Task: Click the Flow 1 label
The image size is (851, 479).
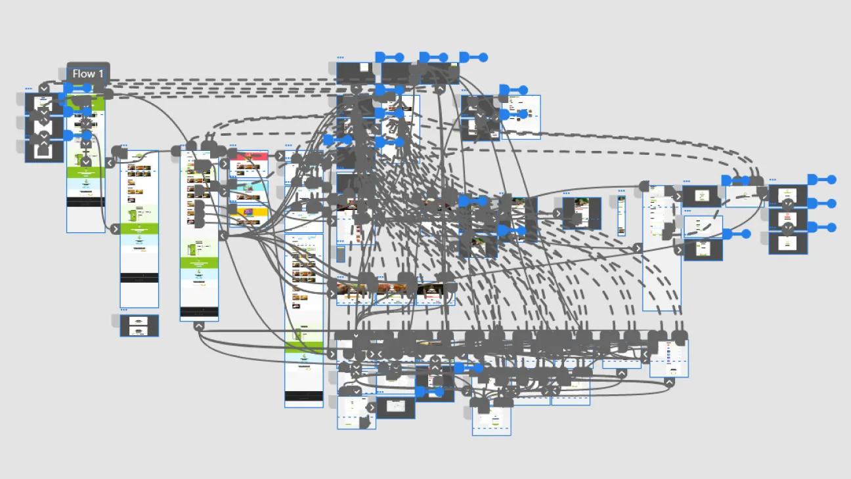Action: (88, 73)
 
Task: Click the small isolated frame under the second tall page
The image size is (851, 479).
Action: (139, 326)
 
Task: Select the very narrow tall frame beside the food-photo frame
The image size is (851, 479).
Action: (621, 216)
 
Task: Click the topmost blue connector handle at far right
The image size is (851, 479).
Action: (831, 180)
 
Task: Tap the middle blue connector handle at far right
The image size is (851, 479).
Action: (831, 203)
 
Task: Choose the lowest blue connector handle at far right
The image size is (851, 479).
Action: (831, 227)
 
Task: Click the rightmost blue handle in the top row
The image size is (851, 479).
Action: (483, 57)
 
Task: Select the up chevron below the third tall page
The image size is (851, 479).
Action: (199, 326)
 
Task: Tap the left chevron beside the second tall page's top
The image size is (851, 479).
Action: (110, 162)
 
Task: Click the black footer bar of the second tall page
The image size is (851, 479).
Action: (139, 278)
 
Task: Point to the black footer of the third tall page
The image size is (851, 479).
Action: (199, 311)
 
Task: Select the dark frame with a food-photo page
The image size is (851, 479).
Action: (581, 213)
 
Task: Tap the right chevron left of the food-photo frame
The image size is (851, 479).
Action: (557, 213)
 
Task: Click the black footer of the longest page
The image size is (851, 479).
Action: (303, 396)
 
